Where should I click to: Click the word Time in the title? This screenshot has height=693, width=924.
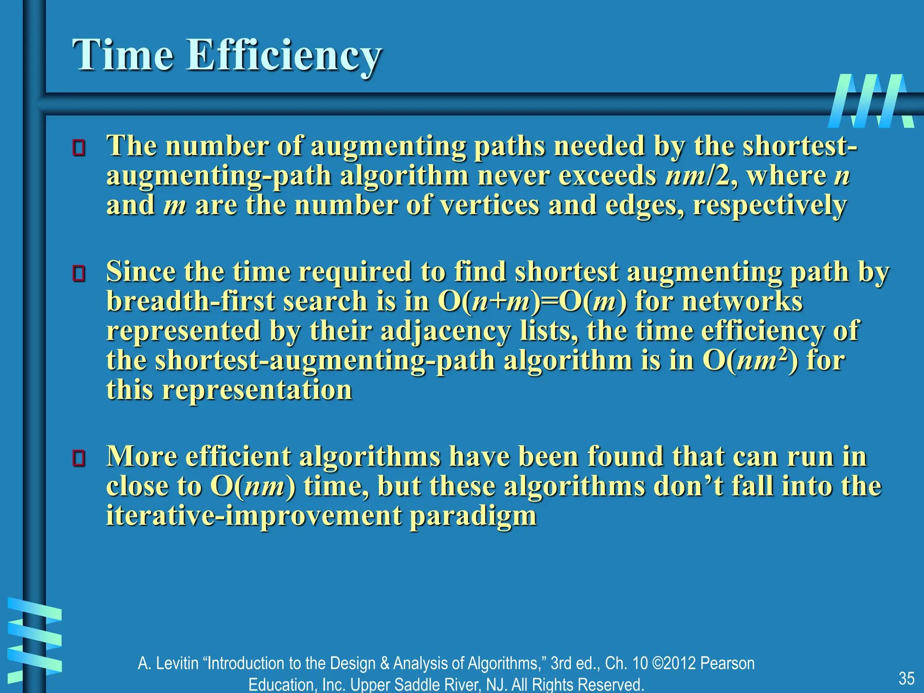click(123, 55)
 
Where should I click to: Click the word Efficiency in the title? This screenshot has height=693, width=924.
click(284, 56)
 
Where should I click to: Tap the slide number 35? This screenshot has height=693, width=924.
click(906, 678)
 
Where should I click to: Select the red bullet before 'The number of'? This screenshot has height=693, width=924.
click(79, 148)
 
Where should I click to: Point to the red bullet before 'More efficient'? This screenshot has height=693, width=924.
click(79, 458)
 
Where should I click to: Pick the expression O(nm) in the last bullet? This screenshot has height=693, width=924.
click(253, 486)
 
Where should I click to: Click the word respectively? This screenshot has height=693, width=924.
click(769, 206)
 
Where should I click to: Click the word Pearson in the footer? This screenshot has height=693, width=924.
click(727, 663)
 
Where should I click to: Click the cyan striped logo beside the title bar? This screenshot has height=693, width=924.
click(871, 101)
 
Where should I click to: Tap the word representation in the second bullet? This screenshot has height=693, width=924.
click(257, 390)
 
